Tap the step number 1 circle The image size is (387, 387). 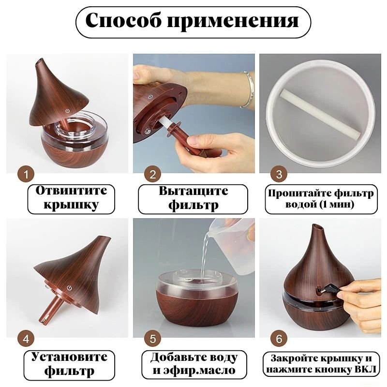pos(26,175)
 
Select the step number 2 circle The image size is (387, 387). pos(153,175)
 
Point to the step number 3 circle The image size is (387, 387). pos(279,174)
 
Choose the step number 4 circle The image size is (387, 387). pos(26,339)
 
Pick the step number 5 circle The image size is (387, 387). pos(153,339)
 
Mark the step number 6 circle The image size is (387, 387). pos(279,339)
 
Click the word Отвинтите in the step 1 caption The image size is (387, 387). pos(71,191)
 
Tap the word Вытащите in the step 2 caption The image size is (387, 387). pos(193,191)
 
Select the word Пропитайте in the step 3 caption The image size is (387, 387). pos(299,193)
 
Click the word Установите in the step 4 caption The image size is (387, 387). pos(69,357)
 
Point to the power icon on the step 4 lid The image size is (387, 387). pos(70,288)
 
